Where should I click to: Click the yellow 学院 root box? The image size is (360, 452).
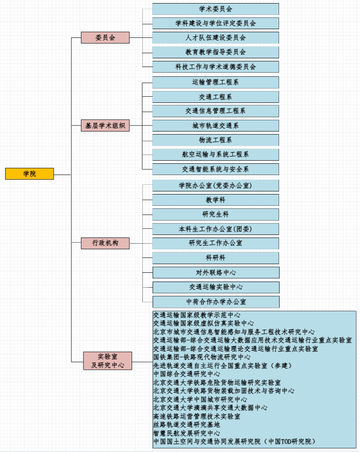[x=29, y=174]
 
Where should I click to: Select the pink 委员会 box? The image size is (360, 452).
[x=105, y=37]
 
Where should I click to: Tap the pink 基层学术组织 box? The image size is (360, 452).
[x=105, y=125]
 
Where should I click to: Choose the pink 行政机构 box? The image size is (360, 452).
[x=105, y=243]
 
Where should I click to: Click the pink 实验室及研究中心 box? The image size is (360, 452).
[x=108, y=360]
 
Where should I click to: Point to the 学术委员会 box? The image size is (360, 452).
[x=216, y=9]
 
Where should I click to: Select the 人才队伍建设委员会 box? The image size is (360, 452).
[x=216, y=38]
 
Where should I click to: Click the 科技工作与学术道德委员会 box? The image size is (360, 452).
[x=216, y=67]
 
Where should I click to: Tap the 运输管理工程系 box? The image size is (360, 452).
[x=216, y=82]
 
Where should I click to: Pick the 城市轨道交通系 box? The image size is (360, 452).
[x=216, y=126]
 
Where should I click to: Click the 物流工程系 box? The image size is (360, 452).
[x=216, y=140]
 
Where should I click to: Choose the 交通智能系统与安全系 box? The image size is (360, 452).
[x=216, y=169]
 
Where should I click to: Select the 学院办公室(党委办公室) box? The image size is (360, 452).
[x=216, y=185]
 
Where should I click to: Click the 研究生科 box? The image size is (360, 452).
[x=216, y=214]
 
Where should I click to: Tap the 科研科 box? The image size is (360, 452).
[x=216, y=258]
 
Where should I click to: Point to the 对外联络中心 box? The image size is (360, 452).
[x=216, y=272]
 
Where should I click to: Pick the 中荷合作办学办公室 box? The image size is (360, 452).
[x=216, y=302]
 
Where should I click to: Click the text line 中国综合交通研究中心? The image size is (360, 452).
[x=186, y=374]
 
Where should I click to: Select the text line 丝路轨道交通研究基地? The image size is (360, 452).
[x=186, y=425]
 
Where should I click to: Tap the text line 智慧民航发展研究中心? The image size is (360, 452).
[x=186, y=433]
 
